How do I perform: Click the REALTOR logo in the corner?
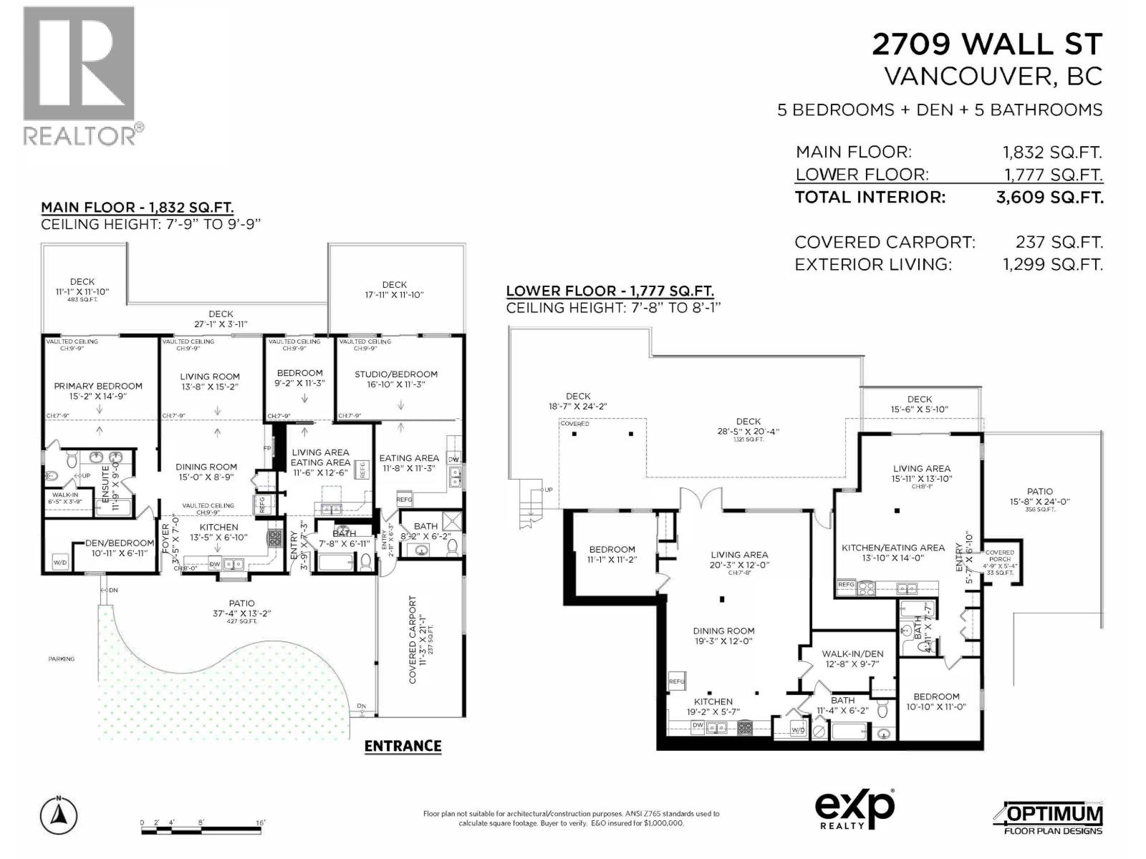tap(79, 75)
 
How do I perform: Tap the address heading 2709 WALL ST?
tap(986, 44)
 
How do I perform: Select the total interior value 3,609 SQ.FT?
tap(1049, 198)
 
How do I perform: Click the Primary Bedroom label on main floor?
tap(98, 386)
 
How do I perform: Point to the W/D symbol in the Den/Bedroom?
tap(60, 563)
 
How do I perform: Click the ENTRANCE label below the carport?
tap(403, 746)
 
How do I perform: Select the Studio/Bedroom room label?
tap(396, 374)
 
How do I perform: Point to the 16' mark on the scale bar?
tap(260, 823)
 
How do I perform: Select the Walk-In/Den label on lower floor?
tap(852, 654)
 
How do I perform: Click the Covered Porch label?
tap(1000, 556)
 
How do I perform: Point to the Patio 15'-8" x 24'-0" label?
tap(1040, 497)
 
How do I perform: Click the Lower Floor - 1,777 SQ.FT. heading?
tap(610, 291)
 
